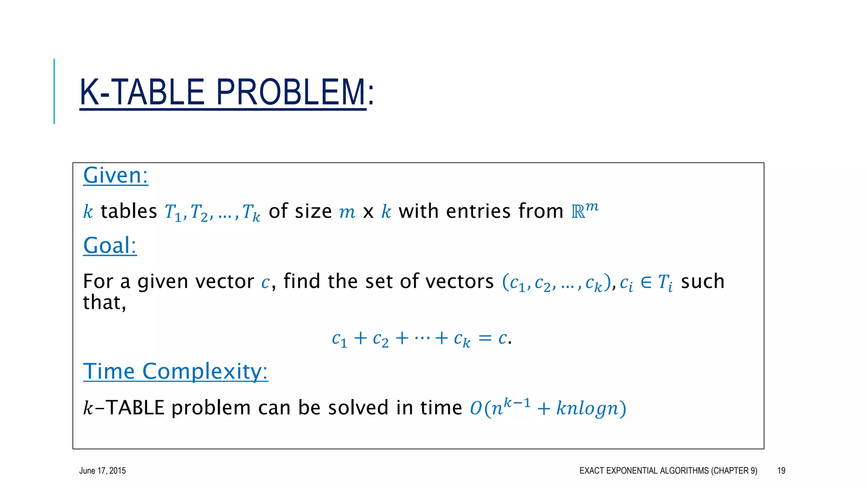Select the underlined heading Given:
tap(116, 175)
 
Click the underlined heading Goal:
tap(110, 245)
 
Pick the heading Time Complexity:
tap(175, 371)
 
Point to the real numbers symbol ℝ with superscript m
tap(584, 210)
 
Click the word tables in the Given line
tap(129, 211)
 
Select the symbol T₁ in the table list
tap(173, 212)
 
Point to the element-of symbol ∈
tap(646, 282)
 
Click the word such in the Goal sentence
tap(702, 281)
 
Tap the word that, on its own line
tap(104, 302)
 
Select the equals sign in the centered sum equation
tap(485, 338)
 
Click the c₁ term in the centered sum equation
tap(339, 339)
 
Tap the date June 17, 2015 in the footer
tap(102, 471)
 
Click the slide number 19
tap(781, 471)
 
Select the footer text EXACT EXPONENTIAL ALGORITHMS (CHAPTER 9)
tap(668, 471)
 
